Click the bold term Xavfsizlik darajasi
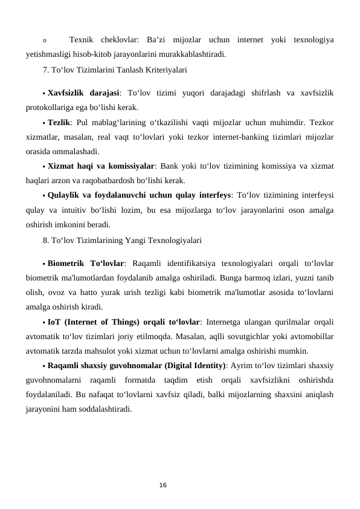pyautogui.click(x=83, y=94)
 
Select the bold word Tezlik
pyautogui.click(x=58, y=121)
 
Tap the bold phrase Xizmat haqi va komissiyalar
pyautogui.click(x=101, y=166)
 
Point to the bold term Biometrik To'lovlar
pyautogui.click(x=85, y=263)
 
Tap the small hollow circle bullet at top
pyautogui.click(x=45, y=41)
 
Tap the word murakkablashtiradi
pyautogui.click(x=193, y=54)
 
